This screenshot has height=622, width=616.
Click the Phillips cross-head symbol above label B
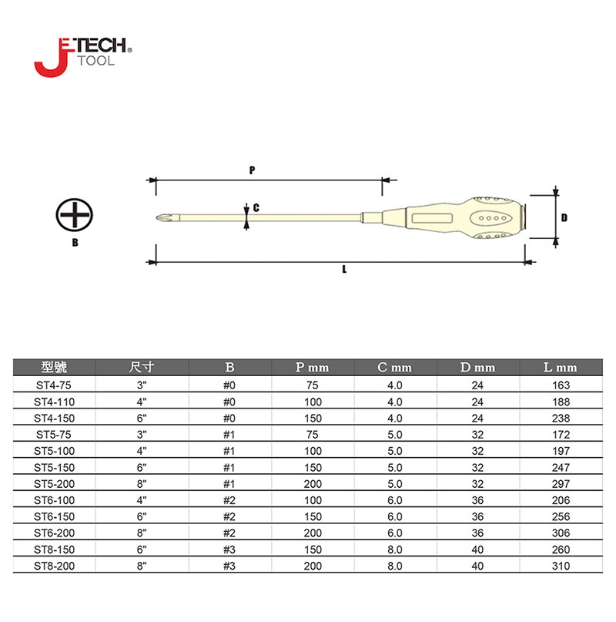pos(75,215)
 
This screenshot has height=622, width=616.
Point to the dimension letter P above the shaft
pos(252,170)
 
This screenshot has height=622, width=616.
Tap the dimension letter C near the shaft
pos(256,208)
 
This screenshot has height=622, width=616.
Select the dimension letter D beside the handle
pos(564,217)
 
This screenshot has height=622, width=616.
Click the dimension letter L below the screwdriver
pos(344,269)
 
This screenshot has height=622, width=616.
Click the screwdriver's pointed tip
pos(157,217)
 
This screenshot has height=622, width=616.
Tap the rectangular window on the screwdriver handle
pos(432,218)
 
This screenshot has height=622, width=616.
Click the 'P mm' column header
pos(313,368)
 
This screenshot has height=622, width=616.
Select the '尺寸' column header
pos(142,367)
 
